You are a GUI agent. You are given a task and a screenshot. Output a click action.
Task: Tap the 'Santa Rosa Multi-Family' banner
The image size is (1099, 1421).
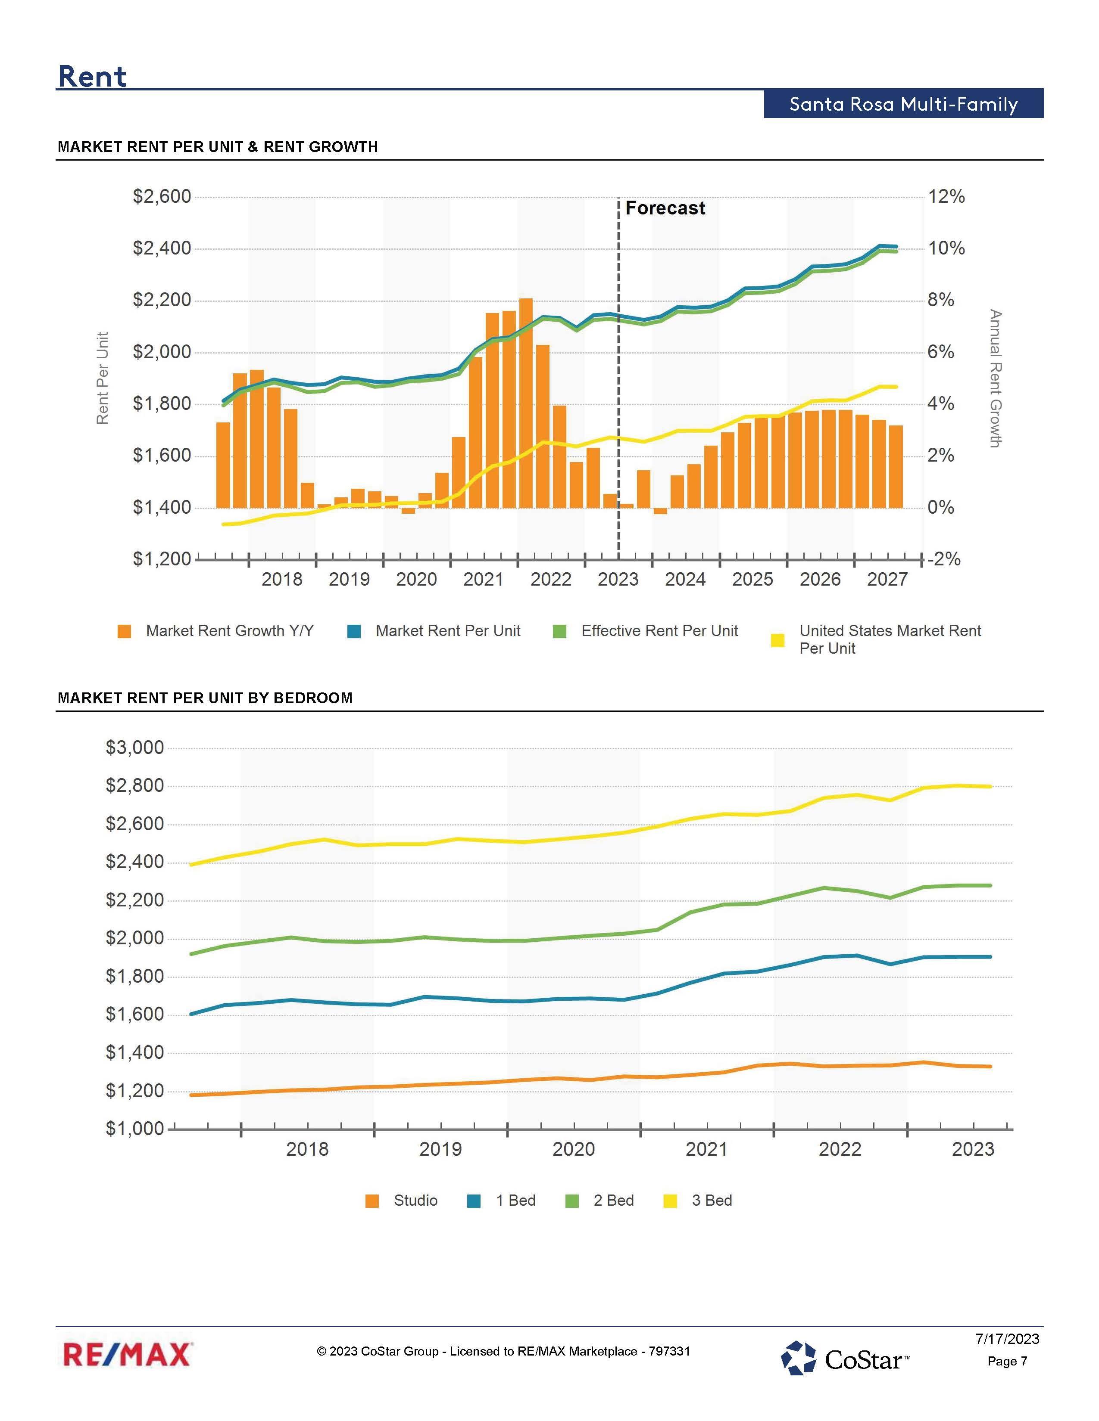tap(903, 104)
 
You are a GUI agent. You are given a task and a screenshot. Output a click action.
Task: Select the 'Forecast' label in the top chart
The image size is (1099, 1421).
tap(665, 208)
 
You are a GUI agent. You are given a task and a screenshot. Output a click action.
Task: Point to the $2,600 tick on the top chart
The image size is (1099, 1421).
tap(162, 196)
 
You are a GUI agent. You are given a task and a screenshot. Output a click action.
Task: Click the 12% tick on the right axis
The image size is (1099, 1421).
tap(946, 196)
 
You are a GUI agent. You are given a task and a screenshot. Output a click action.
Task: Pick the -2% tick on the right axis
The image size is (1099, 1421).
tap(943, 559)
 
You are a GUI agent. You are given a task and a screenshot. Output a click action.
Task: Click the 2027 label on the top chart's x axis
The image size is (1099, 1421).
tap(887, 579)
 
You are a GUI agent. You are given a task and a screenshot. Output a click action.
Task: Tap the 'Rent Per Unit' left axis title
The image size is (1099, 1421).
tap(102, 378)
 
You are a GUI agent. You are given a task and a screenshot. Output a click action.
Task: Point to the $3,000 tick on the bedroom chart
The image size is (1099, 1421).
tap(135, 748)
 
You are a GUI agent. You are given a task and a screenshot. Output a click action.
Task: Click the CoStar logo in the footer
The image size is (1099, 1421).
tap(846, 1358)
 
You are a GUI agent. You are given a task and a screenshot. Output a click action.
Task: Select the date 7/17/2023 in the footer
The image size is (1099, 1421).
tap(1006, 1339)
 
